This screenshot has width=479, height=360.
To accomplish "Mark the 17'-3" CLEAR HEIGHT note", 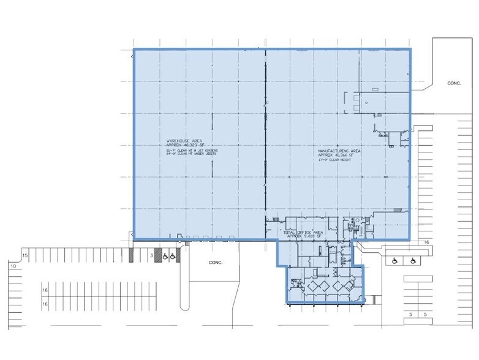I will coord(334,160).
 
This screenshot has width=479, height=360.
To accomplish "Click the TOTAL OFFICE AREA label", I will coord(300,233).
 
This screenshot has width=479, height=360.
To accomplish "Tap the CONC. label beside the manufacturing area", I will coord(453,83).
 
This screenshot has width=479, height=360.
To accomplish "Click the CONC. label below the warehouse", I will coord(215,262).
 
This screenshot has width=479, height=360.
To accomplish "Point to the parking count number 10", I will coord(12,266).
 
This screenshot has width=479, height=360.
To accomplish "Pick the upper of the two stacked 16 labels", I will coord(45,291).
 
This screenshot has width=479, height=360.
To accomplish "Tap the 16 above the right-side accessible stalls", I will coord(424,243).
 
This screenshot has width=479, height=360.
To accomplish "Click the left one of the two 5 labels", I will coord(410,314).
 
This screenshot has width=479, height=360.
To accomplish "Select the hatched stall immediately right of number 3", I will coord(157,255).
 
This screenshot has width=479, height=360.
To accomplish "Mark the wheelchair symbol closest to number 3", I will coord(165,257).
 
